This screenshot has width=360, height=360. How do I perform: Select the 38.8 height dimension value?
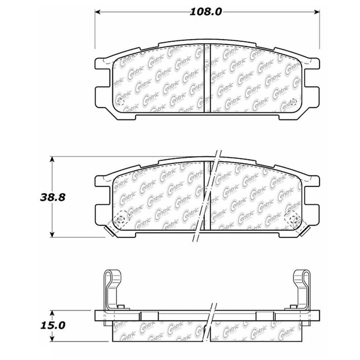[x=52, y=197]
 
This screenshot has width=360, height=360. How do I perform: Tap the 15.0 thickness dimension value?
[x=52, y=326]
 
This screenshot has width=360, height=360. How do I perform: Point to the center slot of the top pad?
[x=207, y=78]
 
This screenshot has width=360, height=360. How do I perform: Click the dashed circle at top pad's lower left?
[x=120, y=102]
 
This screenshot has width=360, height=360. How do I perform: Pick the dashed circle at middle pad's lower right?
[x=293, y=219]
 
